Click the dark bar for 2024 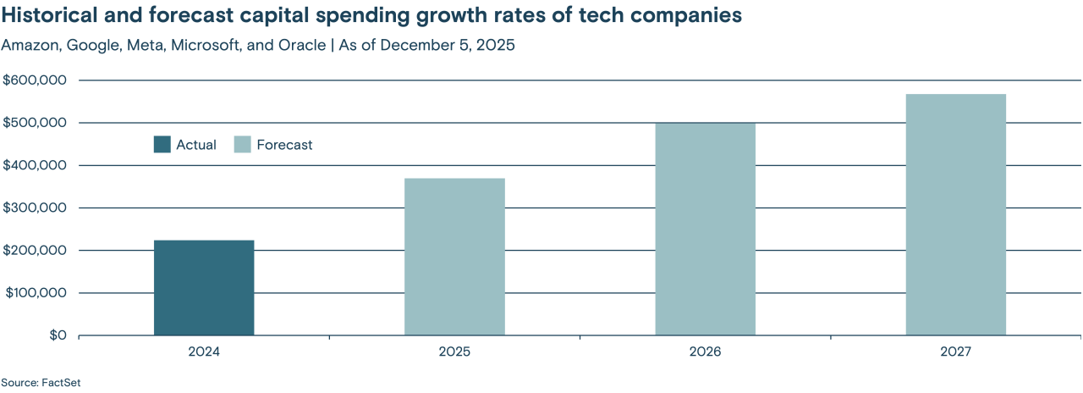pos(204,288)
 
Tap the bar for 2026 pos(705,229)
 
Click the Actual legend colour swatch pos(162,145)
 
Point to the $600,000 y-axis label pos(35,80)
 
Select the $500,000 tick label pos(35,123)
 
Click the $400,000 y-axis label pos(35,165)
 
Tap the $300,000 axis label pos(35,208)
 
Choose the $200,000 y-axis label pos(35,251)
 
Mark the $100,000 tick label pos(35,293)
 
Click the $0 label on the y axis pos(56,335)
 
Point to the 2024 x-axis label pos(204,351)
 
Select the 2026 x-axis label pos(705,351)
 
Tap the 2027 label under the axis pos(955,351)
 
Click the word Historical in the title pos(48,16)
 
